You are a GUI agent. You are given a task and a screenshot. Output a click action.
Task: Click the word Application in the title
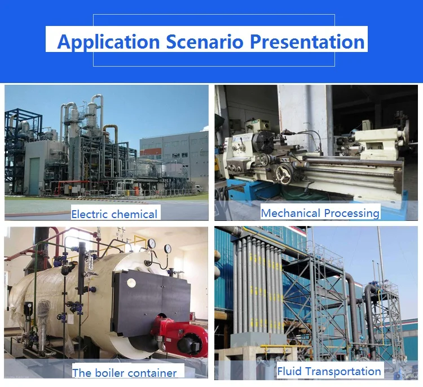pyautogui.click(x=108, y=41)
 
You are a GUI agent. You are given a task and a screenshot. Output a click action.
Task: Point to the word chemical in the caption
pyautogui.click(x=134, y=214)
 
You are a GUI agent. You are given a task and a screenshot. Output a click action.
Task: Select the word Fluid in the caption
pyautogui.click(x=288, y=371)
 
